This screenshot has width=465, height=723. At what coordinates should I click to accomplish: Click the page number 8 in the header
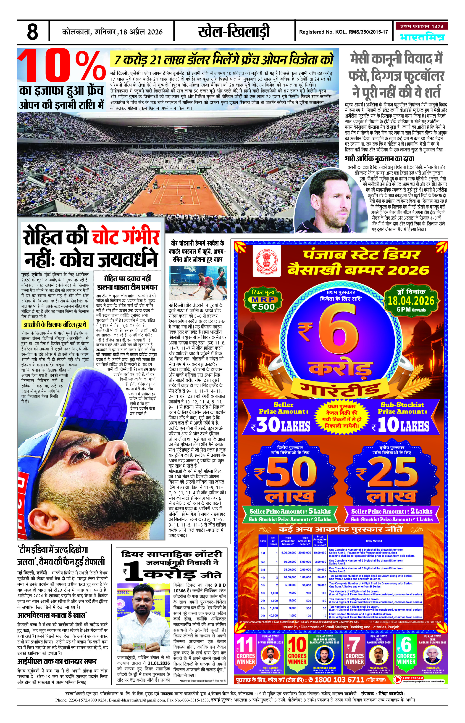pos(32,32)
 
